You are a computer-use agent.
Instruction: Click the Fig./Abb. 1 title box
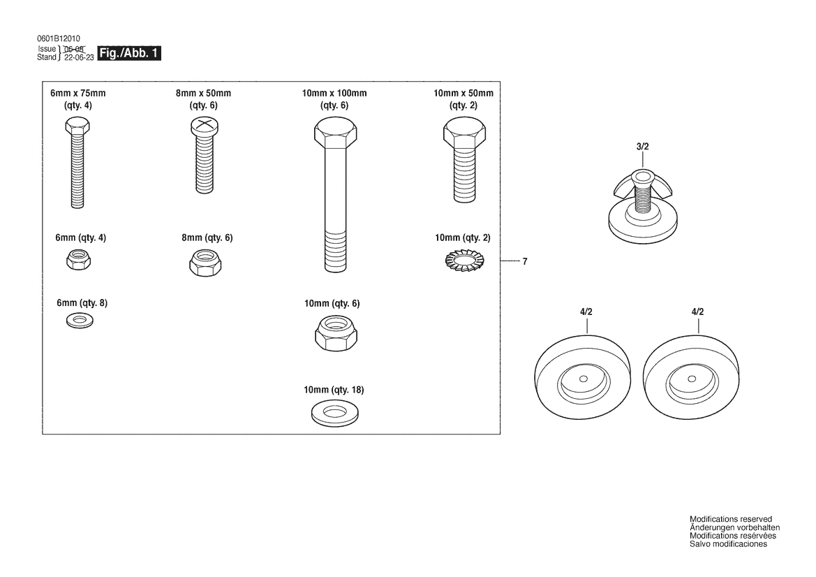coord(129,53)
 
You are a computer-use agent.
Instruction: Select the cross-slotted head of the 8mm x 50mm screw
coord(204,126)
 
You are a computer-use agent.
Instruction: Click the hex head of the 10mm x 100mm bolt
coord(336,132)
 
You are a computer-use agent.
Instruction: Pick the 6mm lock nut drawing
coord(79,259)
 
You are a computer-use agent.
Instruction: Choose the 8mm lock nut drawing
coord(205,262)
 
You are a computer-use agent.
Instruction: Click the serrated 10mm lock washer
coord(465,261)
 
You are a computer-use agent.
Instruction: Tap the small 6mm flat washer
coord(80,321)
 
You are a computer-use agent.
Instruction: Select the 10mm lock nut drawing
coord(336,333)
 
